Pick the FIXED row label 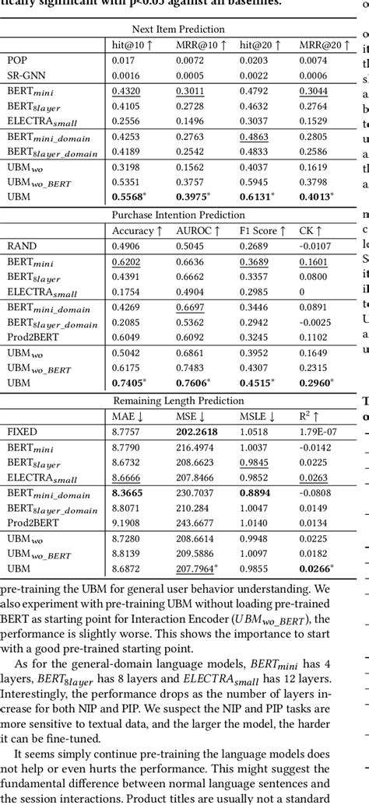24,431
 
